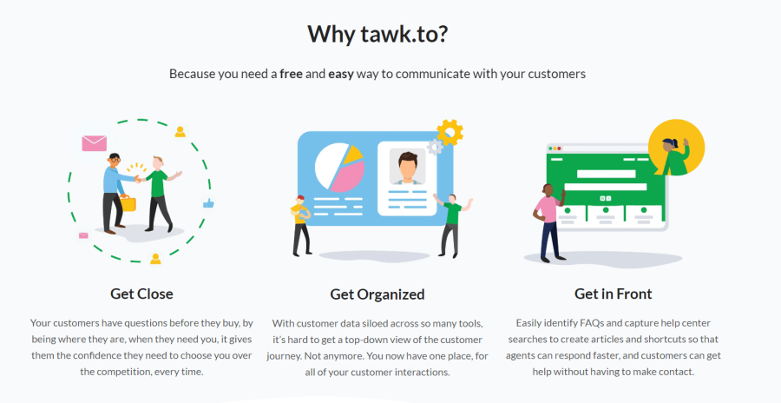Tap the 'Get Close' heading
pos(141,294)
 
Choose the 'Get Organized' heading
pos(377,294)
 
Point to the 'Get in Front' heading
pos(613,294)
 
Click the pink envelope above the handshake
pos(94,142)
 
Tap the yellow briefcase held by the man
pos(128,204)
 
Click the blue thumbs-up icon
pos(208,203)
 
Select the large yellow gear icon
pos(450,132)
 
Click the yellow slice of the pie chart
pos(352,155)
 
